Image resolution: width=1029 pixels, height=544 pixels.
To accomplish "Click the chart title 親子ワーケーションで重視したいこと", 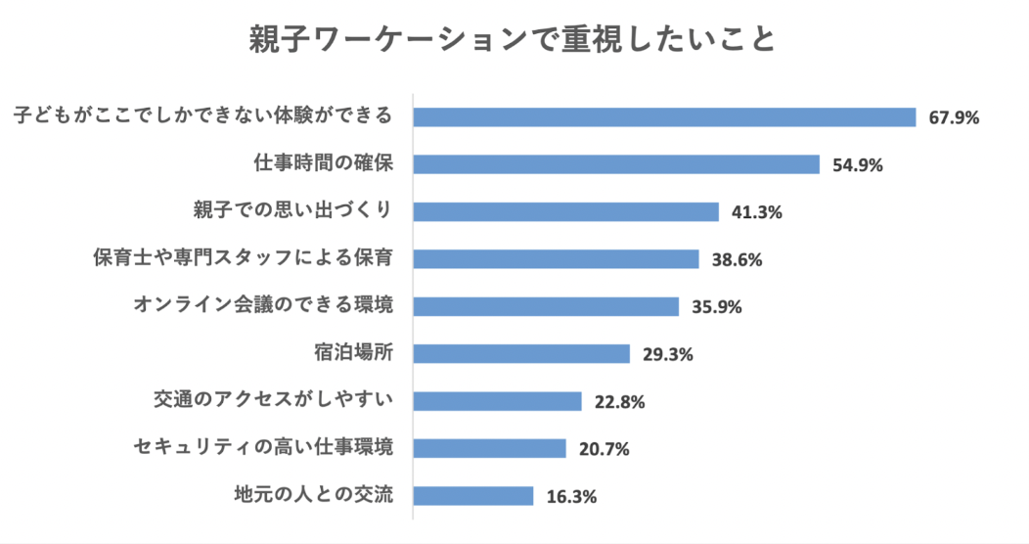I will (x=514, y=40).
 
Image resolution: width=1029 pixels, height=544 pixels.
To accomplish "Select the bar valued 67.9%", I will (x=664, y=117).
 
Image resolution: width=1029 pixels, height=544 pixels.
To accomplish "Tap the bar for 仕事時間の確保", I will (x=616, y=164).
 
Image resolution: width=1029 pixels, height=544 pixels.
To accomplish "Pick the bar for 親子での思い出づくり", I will (x=565, y=211).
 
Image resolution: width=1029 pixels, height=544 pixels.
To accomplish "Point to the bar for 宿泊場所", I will (x=521, y=353).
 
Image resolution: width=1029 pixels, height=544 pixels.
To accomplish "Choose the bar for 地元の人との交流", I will (x=473, y=495).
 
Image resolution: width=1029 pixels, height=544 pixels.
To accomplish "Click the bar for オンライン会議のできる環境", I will (x=546, y=306).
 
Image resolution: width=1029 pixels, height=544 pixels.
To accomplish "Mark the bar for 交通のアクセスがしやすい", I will (x=497, y=401).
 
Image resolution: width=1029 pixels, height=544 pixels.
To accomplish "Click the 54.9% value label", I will (x=858, y=165).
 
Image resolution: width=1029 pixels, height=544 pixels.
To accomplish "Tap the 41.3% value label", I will (x=757, y=212).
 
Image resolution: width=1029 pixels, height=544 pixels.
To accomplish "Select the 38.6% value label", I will (x=738, y=259).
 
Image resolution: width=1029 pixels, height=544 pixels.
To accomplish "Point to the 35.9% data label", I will (x=717, y=307).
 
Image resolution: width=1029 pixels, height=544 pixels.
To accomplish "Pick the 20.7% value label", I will (x=604, y=449).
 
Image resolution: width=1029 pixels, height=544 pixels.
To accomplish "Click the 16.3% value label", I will (x=571, y=496).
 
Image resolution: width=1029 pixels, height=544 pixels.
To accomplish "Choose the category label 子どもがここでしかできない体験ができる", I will (x=203, y=116).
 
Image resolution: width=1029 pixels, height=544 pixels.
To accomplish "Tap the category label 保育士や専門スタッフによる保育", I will (x=244, y=259).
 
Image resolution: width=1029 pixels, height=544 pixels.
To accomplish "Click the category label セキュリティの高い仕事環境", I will (x=263, y=448).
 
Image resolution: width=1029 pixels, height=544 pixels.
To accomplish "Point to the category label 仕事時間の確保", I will (x=323, y=164).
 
